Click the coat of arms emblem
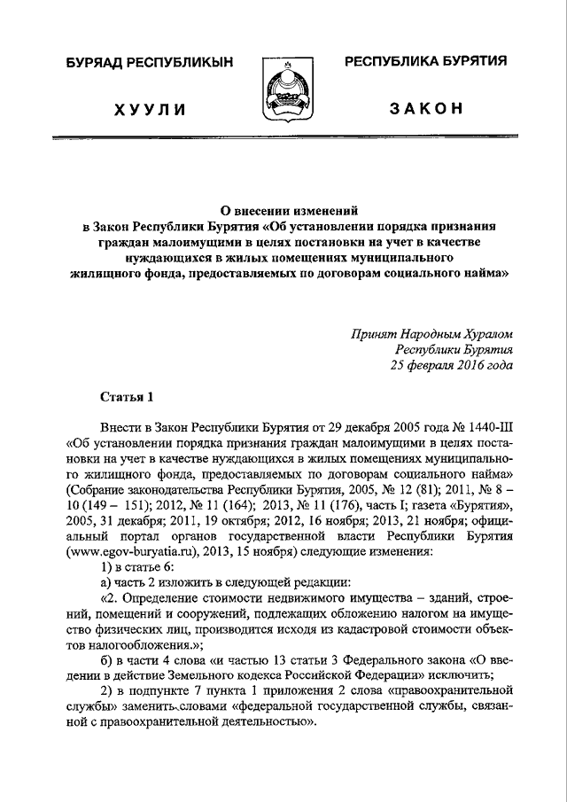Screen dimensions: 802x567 [282, 88]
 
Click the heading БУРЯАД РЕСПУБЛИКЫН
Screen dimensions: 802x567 [150, 62]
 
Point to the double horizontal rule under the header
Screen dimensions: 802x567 [283, 137]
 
